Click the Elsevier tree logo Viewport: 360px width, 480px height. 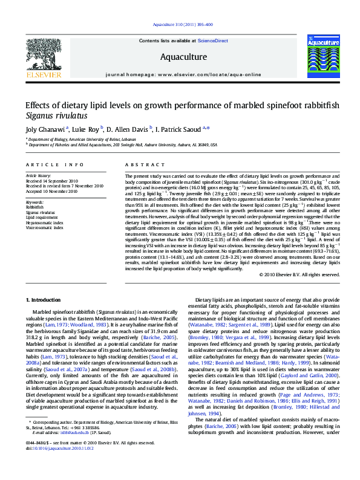(x=43, y=56)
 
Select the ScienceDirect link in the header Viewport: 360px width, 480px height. (x=212, y=41)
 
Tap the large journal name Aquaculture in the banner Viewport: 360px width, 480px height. (x=180, y=57)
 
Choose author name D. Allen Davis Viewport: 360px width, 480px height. (x=129, y=129)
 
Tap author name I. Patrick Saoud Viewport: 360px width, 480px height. (x=180, y=129)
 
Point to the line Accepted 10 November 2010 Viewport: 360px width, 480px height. (x=51, y=191)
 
